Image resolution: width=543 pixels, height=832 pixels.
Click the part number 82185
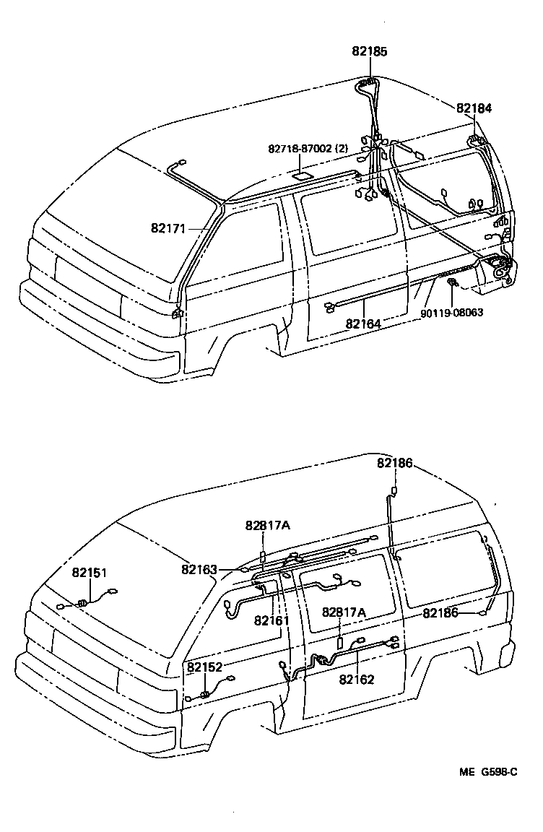pos(370,51)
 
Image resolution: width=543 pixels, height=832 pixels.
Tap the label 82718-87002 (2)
pos(308,148)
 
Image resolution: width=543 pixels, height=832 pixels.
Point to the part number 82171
pos(168,228)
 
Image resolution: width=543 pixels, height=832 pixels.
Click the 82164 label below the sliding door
pos(363,324)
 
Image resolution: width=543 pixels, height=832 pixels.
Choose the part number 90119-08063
pos(452,313)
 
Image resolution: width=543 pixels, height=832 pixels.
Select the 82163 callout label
pos(199,569)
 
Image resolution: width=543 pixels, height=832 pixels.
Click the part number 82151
pos(89,573)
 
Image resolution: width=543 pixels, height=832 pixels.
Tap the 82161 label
pos(271,620)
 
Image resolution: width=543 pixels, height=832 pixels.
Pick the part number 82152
pos(205,667)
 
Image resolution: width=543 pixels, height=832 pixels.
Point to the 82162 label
pos(357,679)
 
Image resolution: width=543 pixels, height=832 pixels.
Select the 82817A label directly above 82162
pos(344,612)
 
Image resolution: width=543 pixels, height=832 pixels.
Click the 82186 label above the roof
pos(394,463)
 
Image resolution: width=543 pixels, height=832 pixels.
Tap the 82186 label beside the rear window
pos(440,612)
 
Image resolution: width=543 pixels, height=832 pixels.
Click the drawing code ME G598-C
pos(488,772)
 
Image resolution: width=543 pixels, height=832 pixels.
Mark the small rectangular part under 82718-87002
pos(302,175)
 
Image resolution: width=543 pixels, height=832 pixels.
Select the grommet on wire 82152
pos(205,694)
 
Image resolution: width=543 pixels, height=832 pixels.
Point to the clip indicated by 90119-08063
pos(452,282)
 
